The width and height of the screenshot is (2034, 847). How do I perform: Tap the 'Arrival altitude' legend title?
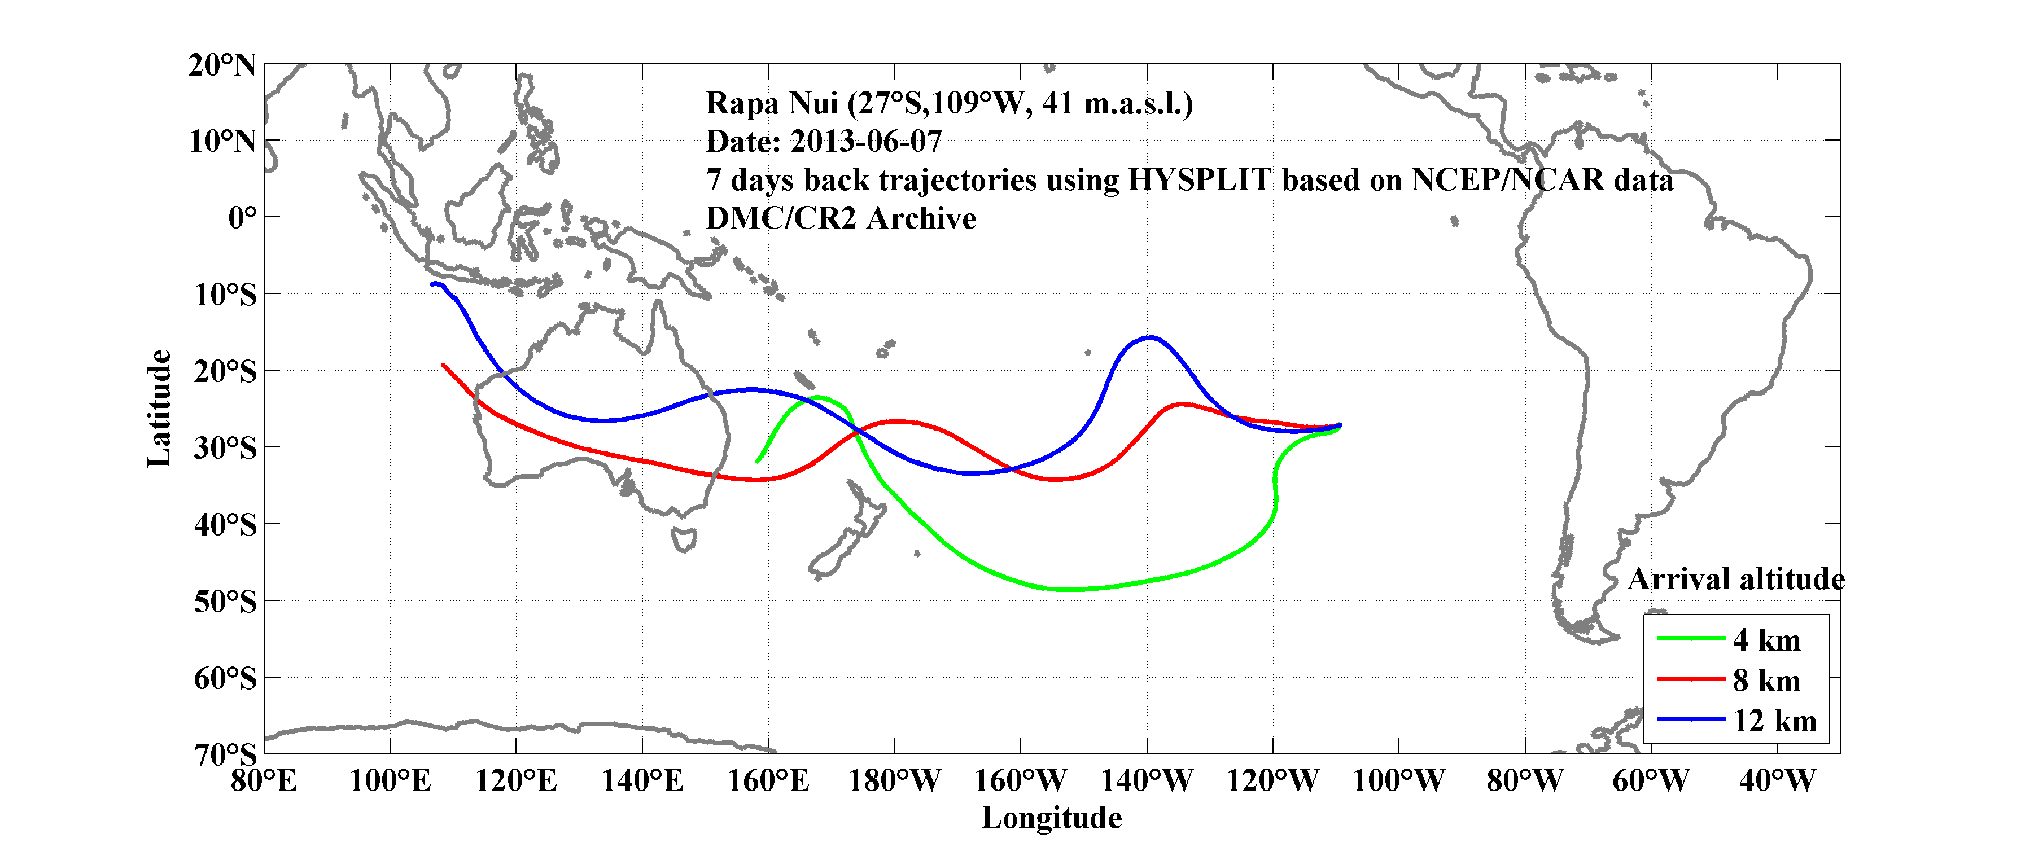tap(1735, 580)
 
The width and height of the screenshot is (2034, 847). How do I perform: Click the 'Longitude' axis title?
tap(1051, 818)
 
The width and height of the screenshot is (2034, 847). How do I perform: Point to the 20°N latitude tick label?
tap(222, 65)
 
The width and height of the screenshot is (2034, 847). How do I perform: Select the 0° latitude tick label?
tap(242, 217)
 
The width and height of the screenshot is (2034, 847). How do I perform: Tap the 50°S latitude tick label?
tap(225, 602)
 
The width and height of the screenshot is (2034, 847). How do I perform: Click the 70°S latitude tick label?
tap(225, 754)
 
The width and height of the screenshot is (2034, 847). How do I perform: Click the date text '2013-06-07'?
tap(866, 141)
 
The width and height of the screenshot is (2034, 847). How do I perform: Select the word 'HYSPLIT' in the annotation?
tap(1200, 180)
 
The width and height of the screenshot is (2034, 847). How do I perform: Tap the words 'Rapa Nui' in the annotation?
tap(772, 103)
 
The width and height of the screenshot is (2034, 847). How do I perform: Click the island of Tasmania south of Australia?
tap(684, 539)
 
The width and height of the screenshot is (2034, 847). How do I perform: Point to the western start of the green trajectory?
tap(757, 461)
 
